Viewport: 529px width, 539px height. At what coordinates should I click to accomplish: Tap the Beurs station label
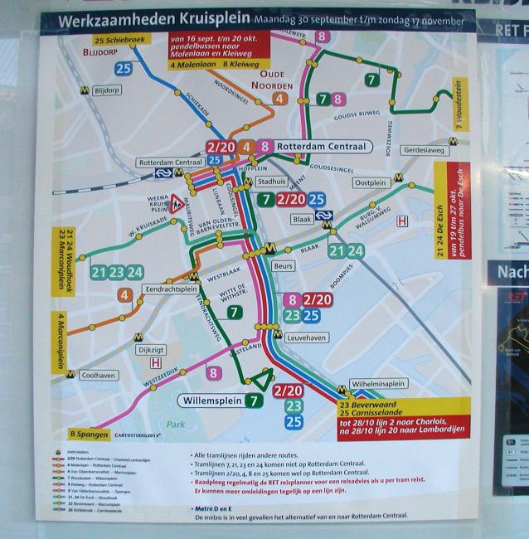pos(284,265)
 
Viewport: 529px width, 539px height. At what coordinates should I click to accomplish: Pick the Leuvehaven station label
pos(308,338)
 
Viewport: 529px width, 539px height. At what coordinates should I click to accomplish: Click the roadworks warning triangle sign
pos(177,202)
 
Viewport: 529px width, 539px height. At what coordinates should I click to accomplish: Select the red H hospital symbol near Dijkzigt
pos(154,362)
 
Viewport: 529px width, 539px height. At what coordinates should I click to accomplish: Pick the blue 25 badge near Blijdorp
pos(124,69)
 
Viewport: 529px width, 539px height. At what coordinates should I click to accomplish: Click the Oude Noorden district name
pos(277,78)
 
